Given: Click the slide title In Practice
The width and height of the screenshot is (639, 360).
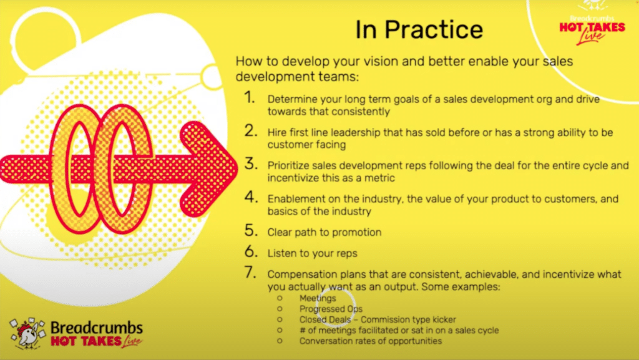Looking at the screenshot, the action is click(419, 30).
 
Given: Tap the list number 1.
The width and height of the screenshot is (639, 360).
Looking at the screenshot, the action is click(250, 98).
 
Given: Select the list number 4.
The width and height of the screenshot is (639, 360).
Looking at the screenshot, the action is click(251, 197).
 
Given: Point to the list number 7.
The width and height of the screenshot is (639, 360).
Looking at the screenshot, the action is click(251, 272).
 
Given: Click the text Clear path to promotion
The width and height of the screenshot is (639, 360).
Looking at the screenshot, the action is click(324, 232).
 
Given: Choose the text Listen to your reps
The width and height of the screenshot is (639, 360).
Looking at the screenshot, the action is click(312, 253).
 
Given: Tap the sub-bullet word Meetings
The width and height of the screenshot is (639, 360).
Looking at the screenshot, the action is click(318, 298).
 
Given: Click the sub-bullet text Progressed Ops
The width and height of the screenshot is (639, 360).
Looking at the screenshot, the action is click(331, 309).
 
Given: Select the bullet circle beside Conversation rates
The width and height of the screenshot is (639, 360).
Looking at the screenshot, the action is click(280, 341).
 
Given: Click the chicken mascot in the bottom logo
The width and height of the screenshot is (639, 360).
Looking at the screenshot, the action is click(27, 334).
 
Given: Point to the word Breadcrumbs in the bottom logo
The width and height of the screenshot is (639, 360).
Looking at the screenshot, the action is click(97, 328).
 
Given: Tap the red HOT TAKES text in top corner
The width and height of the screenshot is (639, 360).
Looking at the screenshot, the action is click(592, 27).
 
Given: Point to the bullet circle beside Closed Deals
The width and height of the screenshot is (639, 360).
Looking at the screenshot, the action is click(280, 319).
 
